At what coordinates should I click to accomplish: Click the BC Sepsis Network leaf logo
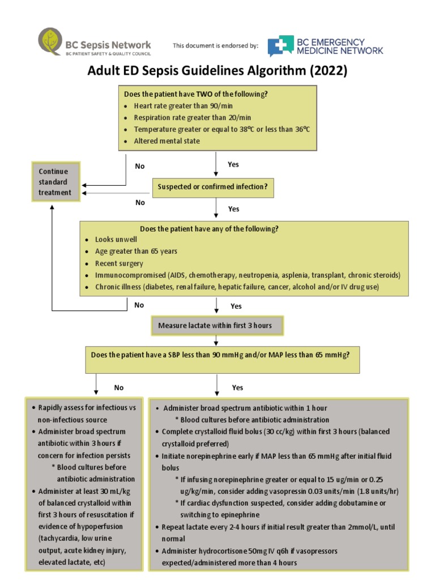50,42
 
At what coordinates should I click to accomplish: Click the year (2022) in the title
326,72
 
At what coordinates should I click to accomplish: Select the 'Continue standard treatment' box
55,182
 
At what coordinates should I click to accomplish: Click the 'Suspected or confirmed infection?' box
212,187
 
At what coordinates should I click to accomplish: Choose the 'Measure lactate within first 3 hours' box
215,326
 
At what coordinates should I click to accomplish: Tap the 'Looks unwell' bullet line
116,240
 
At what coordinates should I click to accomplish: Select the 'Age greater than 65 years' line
131,251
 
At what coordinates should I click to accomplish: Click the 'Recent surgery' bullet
119,263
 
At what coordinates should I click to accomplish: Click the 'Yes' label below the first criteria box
233,164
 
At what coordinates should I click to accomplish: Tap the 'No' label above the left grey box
118,388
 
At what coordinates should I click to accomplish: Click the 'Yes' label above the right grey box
237,388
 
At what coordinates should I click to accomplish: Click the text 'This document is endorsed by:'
215,45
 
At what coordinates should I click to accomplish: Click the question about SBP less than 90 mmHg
220,355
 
